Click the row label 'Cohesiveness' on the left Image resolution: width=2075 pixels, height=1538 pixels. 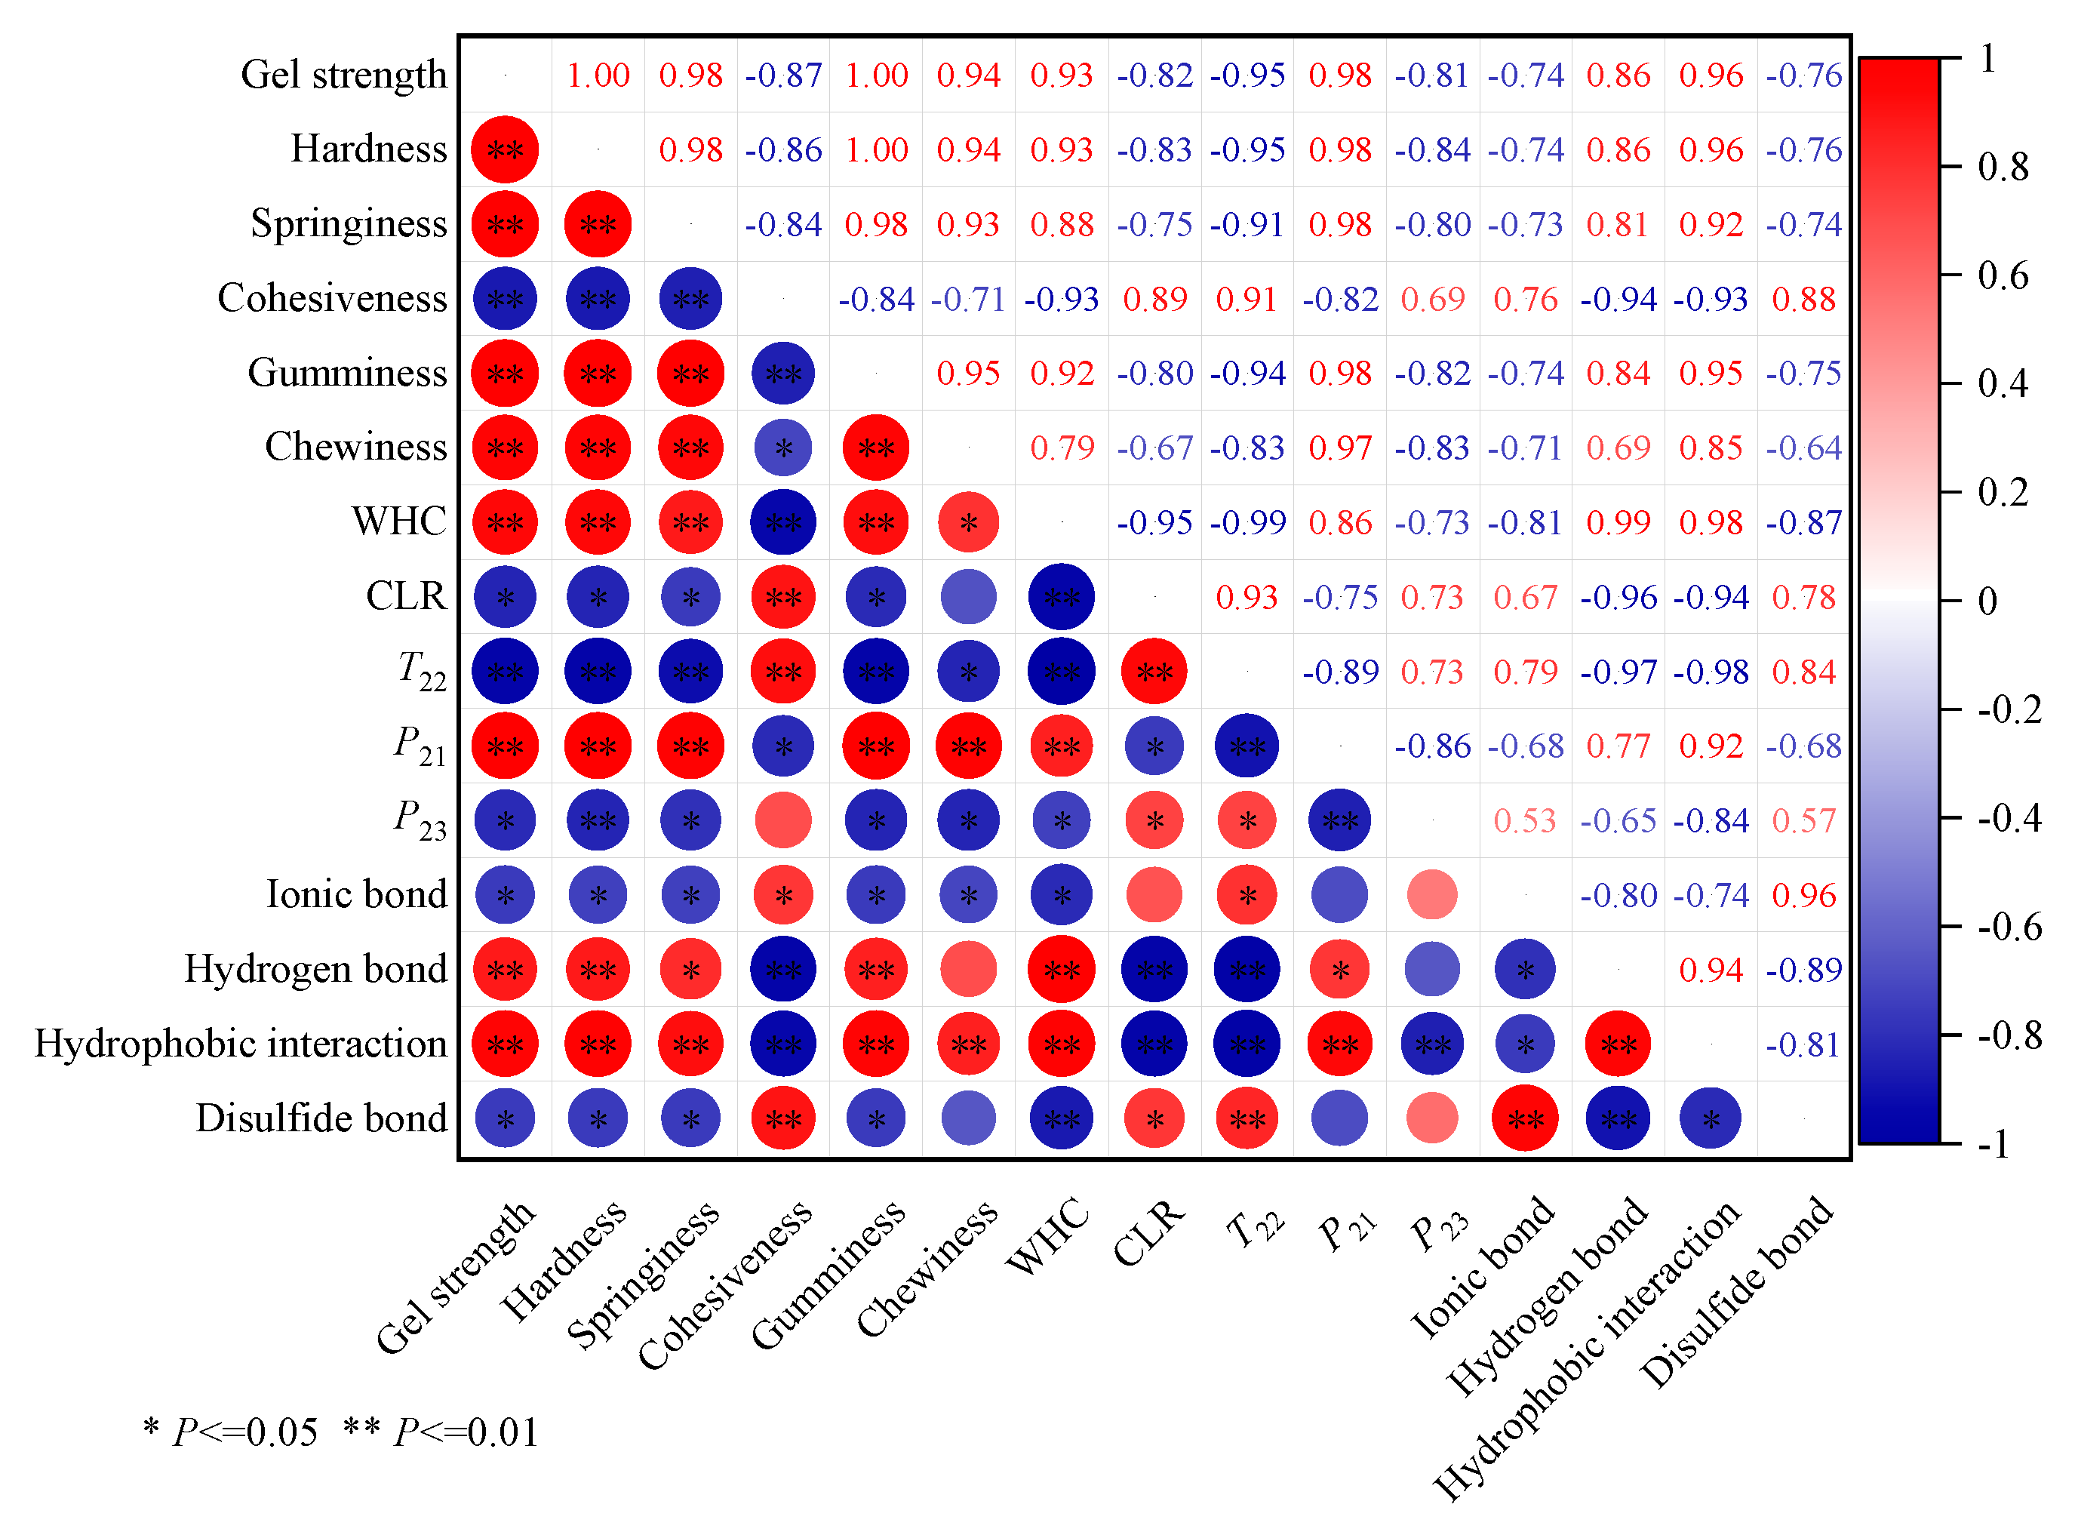[332, 299]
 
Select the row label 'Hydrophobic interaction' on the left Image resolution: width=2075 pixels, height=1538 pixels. [241, 1044]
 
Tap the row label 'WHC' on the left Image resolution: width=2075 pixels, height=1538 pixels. [399, 522]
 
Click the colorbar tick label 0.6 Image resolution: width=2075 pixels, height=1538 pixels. [2003, 276]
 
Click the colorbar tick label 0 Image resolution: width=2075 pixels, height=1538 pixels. [1987, 602]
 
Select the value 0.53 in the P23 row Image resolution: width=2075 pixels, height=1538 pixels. [1524, 821]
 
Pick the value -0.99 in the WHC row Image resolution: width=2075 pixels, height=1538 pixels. [1247, 523]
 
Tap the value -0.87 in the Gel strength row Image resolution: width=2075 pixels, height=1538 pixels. [783, 75]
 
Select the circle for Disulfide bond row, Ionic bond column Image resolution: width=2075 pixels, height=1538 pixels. [1524, 1118]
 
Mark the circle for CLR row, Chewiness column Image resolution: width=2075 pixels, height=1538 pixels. [968, 597]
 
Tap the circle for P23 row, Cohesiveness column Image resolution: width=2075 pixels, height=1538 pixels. [783, 820]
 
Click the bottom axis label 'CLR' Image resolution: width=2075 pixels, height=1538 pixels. [1148, 1234]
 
